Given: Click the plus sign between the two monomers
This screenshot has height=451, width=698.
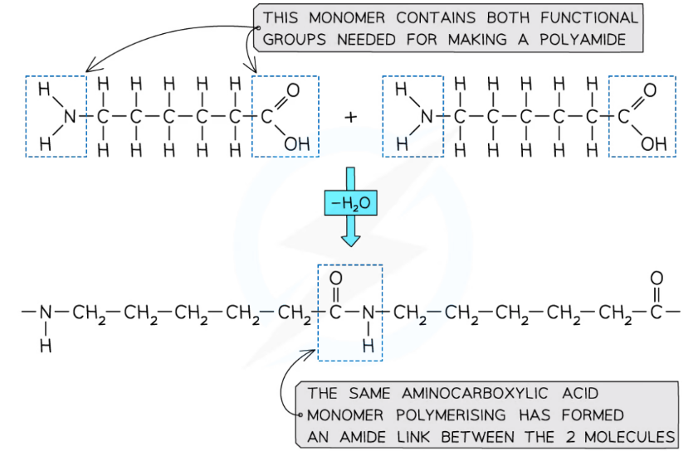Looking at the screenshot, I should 351,118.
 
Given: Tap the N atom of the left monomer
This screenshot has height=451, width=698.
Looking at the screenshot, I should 70,118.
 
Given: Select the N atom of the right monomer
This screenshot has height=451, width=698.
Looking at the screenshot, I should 427,118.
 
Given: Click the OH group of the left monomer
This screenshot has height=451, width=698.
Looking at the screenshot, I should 295,144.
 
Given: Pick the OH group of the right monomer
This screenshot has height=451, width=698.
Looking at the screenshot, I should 652,144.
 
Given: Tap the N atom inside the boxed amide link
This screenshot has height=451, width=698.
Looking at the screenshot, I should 369,313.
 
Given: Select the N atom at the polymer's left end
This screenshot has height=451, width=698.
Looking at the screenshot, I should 46,313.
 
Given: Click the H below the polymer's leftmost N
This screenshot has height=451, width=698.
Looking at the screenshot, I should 46,347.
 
